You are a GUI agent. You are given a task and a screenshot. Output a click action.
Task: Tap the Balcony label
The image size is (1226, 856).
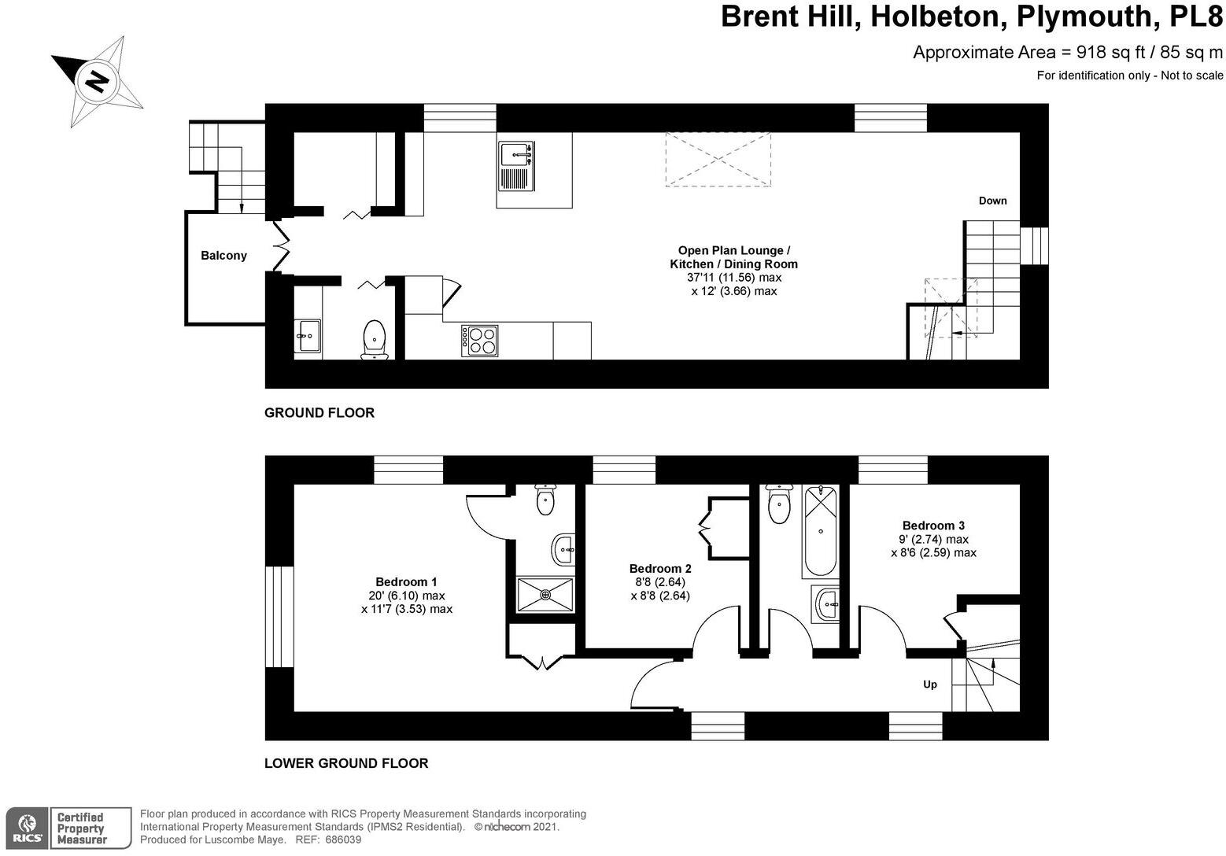223,256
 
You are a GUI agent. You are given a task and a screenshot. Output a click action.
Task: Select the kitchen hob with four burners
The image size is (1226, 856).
479,340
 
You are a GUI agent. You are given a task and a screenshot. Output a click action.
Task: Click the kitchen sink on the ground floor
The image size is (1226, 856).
515,166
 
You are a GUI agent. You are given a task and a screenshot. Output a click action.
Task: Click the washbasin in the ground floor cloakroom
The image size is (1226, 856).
307,336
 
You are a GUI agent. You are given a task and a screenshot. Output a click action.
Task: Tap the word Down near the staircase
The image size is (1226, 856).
992,201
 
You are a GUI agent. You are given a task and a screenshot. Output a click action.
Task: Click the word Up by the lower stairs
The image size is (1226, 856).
929,684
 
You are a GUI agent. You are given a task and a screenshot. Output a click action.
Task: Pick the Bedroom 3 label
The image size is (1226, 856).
933,526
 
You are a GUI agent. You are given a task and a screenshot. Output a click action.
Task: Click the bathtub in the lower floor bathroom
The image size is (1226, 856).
821,531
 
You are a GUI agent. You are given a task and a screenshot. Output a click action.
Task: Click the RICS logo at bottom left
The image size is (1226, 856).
24,828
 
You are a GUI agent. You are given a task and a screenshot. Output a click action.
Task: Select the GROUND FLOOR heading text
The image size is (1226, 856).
319,413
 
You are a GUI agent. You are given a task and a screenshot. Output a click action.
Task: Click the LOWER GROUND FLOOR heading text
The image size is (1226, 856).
346,763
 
